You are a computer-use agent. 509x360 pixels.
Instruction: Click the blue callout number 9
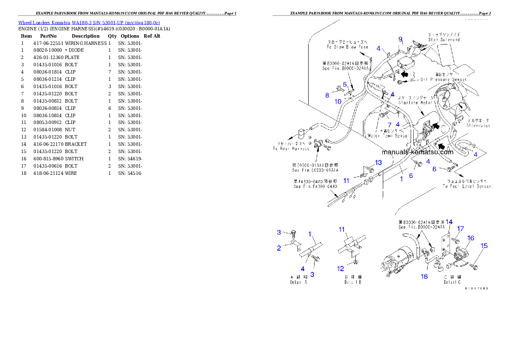401,39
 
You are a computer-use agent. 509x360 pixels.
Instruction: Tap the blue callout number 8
327,95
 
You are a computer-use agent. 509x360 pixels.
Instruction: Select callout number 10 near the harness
338,102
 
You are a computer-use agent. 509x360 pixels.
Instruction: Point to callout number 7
390,125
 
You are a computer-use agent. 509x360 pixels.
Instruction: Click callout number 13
378,162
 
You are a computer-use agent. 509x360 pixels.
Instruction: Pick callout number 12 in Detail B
340,269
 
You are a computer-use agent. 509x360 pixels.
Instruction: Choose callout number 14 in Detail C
449,221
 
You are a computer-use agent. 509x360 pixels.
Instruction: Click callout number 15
484,246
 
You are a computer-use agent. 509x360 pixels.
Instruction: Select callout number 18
424,277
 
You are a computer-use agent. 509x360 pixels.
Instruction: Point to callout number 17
460,229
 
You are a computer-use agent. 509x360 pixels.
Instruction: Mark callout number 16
471,238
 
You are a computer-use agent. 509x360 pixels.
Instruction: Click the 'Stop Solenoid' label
444,39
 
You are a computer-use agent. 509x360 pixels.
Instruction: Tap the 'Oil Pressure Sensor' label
444,80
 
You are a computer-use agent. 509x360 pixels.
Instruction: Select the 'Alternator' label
478,125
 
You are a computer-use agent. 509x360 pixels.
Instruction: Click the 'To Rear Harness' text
291,148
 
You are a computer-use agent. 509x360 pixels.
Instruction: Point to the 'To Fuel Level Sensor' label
467,186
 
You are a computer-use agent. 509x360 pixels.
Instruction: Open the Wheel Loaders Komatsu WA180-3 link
89,23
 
